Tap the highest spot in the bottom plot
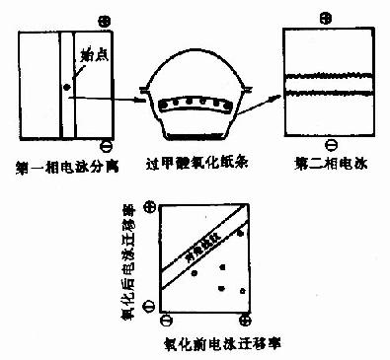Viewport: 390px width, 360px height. (x=242, y=231)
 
